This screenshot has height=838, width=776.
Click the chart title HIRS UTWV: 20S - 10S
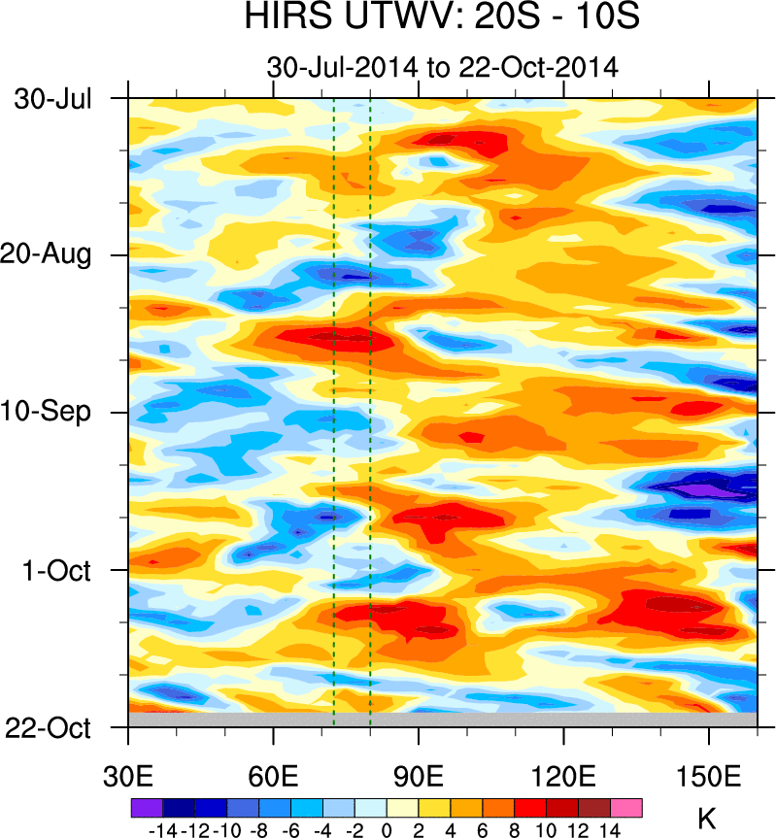(442, 18)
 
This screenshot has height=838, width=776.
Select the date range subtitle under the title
(442, 68)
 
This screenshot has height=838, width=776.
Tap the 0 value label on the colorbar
(387, 830)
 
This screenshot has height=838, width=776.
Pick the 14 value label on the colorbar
(610, 830)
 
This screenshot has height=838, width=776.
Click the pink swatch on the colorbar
(626, 808)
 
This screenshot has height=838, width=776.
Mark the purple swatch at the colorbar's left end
(147, 808)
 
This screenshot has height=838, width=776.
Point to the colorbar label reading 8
(515, 830)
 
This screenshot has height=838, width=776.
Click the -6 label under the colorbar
(290, 830)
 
